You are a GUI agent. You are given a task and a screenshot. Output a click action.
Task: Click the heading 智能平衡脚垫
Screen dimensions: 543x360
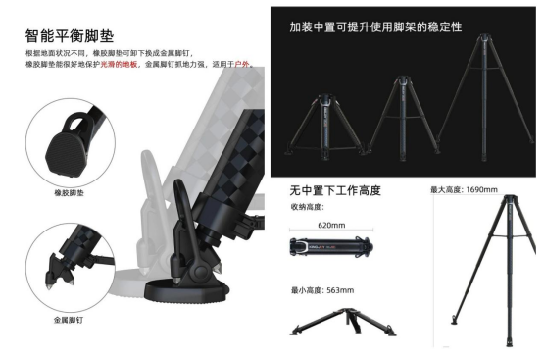click(70, 36)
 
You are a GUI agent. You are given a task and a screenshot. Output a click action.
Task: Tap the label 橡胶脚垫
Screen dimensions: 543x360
click(70, 193)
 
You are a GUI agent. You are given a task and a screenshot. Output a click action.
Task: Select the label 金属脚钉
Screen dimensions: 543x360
click(69, 320)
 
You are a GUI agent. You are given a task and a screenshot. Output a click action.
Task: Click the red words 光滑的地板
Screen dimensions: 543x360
click(119, 64)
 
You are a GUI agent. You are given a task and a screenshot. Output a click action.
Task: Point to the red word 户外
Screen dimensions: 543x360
click(242, 64)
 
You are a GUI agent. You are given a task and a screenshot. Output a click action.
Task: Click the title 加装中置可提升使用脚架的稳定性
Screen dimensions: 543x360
click(375, 27)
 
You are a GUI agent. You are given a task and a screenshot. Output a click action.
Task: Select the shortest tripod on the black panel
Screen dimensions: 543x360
click(324, 127)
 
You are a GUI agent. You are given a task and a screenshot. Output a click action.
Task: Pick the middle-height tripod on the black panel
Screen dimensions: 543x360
click(404, 119)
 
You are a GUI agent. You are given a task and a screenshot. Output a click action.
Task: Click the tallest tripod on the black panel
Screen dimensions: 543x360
click(485, 97)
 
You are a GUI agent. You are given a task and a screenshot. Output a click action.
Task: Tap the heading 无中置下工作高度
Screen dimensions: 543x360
click(335, 190)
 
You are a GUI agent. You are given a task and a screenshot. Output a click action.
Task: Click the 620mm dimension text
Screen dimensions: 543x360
click(331, 225)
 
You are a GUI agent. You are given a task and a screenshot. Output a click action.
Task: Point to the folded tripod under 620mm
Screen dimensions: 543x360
click(331, 246)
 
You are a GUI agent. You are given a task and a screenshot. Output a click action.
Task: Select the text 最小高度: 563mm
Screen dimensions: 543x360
click(322, 290)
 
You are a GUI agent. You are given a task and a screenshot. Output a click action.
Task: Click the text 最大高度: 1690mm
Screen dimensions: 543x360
click(464, 189)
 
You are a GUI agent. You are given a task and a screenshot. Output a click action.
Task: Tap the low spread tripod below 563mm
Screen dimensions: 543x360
click(343, 322)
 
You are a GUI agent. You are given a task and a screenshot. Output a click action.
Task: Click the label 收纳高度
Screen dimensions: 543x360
click(308, 207)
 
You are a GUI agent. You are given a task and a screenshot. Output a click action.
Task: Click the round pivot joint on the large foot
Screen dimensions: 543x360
click(200, 272)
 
